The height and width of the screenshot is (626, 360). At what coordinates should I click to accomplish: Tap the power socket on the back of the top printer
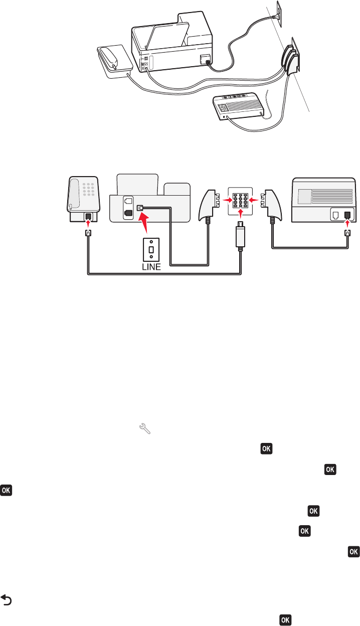point(205,60)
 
